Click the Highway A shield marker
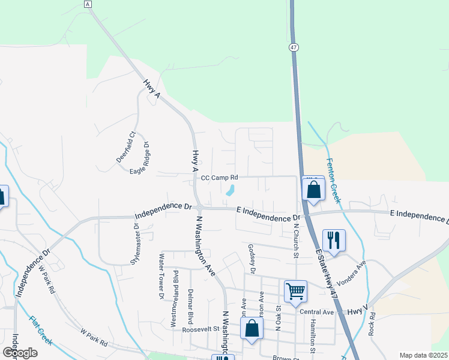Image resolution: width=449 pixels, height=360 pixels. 88,4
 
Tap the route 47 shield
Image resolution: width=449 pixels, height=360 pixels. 293,47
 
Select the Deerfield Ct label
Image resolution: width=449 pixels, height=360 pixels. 126,147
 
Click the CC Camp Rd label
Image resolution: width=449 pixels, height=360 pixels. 220,178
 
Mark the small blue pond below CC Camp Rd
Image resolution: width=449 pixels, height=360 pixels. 229,191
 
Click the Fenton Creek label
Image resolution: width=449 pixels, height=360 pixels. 333,180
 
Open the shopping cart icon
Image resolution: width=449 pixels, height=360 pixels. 295,291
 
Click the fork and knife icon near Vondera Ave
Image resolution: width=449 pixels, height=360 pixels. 334,240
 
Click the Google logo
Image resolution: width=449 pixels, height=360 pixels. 20,353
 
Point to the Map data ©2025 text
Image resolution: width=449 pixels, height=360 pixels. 423,355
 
